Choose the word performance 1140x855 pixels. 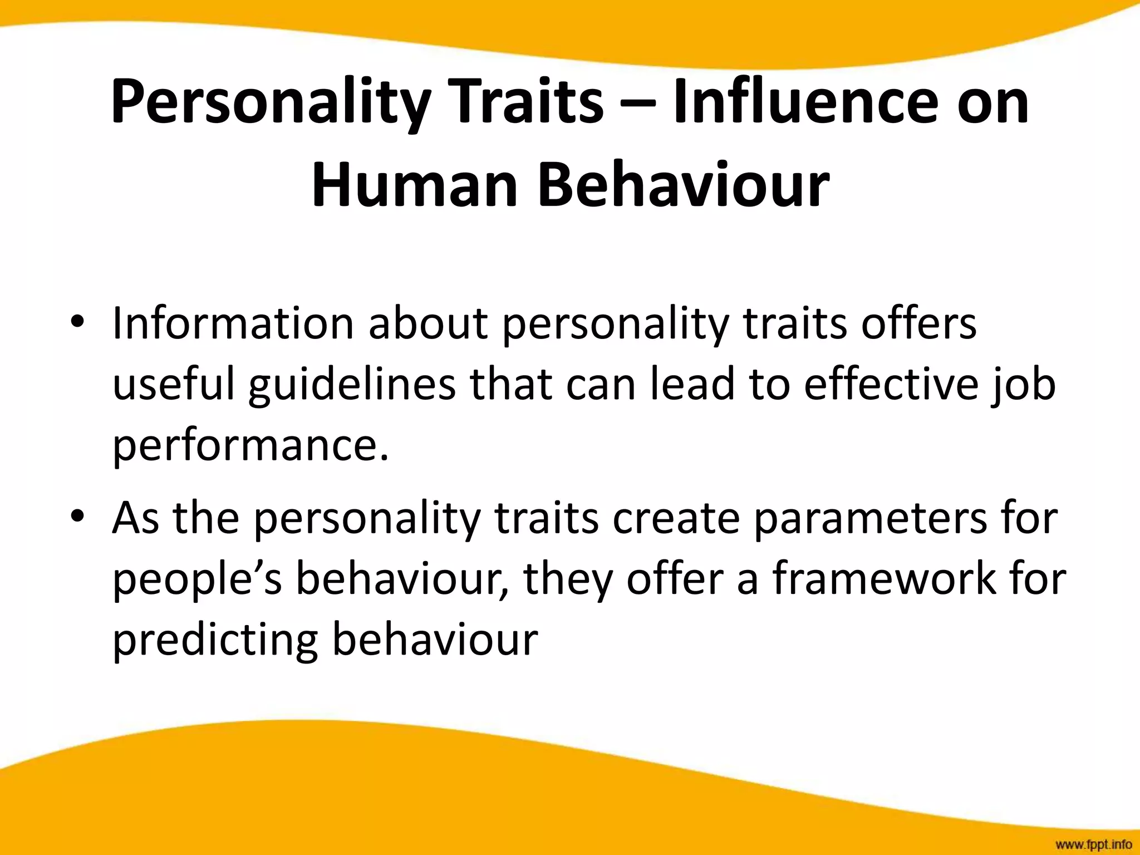250,448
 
